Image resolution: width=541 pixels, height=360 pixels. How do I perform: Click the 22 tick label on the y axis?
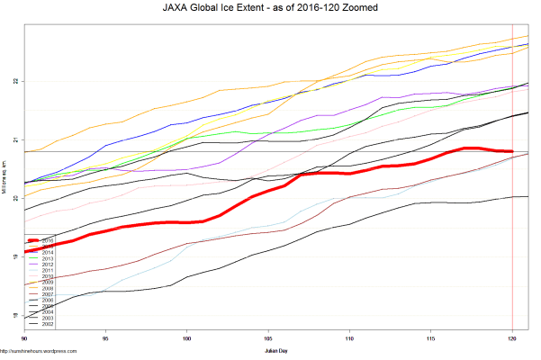click(15, 81)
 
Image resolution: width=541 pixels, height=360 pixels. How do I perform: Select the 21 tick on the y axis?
click(15, 139)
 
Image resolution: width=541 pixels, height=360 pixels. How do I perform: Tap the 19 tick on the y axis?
click(15, 256)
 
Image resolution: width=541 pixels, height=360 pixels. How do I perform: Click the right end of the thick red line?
click(512, 151)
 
